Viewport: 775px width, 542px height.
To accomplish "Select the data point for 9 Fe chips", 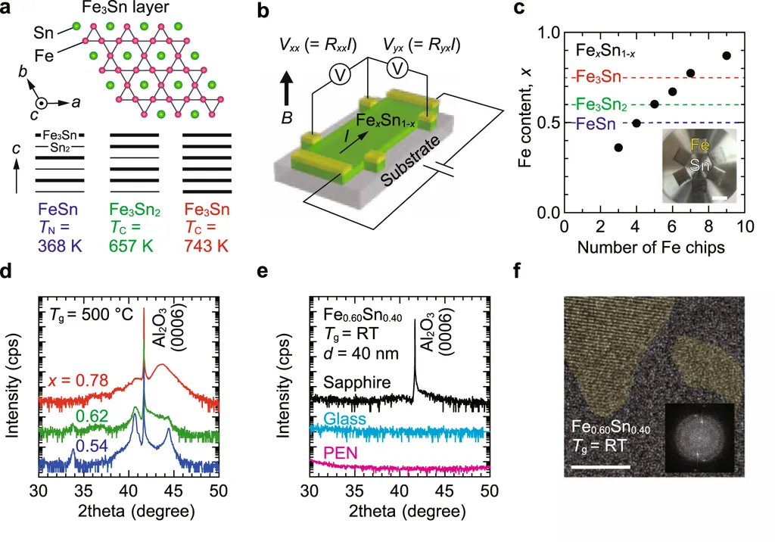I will point(727,55).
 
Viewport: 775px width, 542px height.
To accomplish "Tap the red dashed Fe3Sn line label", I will point(594,77).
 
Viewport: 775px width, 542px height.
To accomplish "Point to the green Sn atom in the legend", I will point(76,27).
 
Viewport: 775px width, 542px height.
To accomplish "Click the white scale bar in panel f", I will point(601,467).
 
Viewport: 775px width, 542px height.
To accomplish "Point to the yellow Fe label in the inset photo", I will point(698,143).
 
